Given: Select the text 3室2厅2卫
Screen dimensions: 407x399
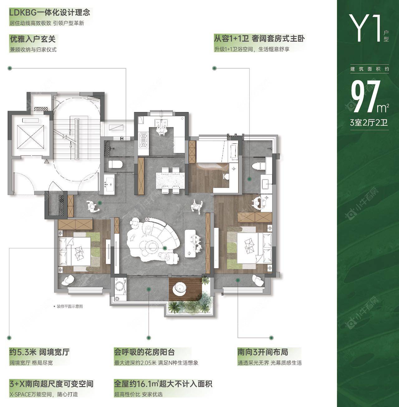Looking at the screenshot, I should tap(369, 122).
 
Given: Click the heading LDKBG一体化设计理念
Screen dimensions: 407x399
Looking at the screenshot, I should tap(50, 12).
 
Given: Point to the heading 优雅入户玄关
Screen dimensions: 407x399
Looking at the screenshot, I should tap(33, 39).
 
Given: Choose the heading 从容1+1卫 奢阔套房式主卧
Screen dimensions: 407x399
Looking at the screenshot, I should tap(259, 38).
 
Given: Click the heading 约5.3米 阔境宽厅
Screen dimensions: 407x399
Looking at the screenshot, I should tap(39, 352).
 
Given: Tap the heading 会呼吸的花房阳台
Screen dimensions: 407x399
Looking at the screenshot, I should tap(144, 352).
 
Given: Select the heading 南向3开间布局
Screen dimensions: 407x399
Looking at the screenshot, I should tap(263, 352).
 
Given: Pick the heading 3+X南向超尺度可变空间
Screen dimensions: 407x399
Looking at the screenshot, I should tap(51, 384).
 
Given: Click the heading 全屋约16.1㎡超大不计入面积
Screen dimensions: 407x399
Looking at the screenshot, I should tap(163, 384).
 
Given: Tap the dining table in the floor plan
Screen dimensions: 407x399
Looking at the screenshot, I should tap(170, 179).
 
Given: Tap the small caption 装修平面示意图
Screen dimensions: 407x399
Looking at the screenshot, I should tap(70, 306).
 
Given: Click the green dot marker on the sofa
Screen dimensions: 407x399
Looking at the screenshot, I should tap(165, 248).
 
